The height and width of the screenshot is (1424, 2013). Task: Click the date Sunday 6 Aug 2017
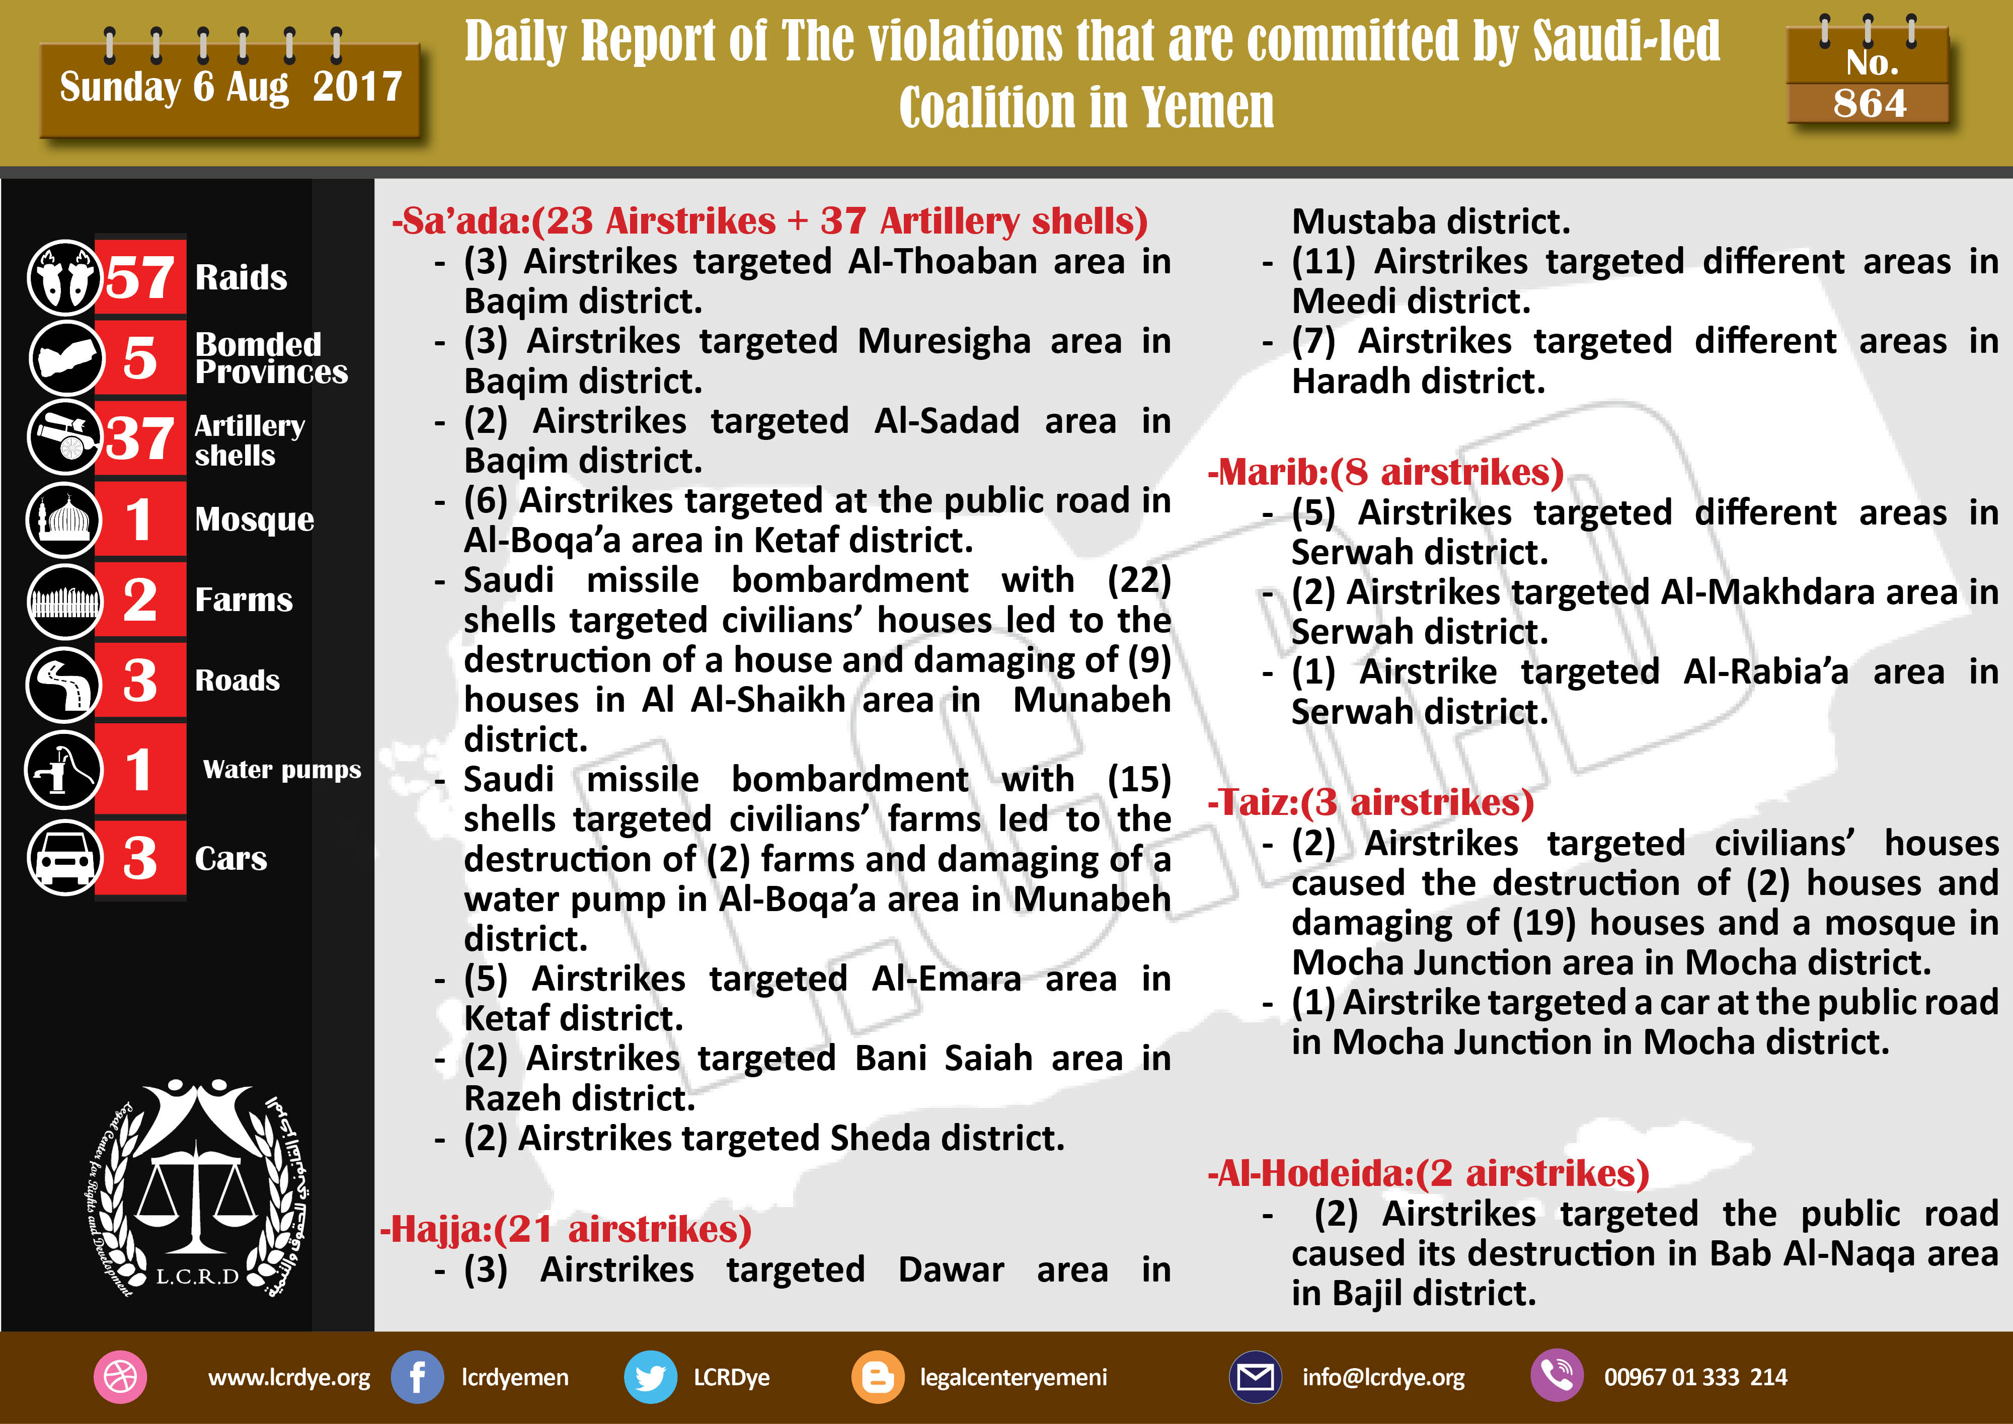[230, 87]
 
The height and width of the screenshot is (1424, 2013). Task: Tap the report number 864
[1869, 104]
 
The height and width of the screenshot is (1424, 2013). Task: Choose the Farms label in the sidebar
[244, 600]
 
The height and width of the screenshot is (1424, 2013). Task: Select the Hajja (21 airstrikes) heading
[566, 1229]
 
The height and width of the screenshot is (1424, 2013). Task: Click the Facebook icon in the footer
[417, 1377]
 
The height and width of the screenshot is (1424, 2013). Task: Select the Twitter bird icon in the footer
[650, 1377]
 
